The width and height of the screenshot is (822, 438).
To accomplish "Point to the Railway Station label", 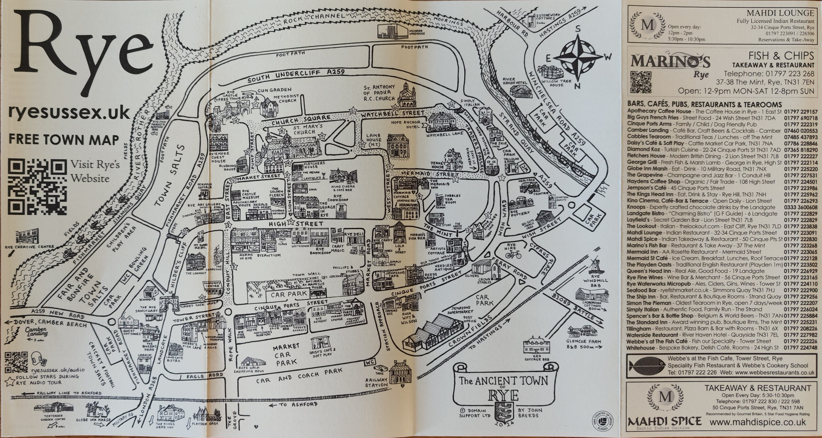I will pyautogui.click(x=376, y=383).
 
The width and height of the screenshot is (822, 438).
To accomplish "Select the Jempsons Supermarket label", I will pyautogui.click(x=457, y=311).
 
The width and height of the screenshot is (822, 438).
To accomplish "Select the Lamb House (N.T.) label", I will pyautogui.click(x=374, y=140).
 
